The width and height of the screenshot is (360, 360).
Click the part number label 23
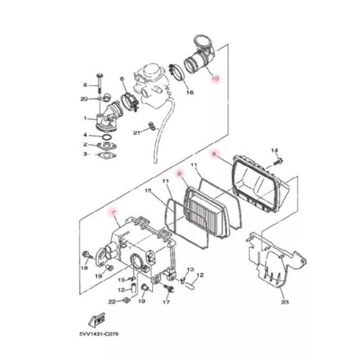pos(285,302)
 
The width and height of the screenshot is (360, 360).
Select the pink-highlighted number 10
pos(214,78)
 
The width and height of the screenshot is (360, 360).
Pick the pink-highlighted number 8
pos(214,154)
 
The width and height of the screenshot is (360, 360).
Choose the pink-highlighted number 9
pos(181,174)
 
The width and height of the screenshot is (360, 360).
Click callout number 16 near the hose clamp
pos(189,93)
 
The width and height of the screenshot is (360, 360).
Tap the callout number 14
pos(274,151)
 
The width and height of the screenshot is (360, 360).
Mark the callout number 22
pos(112,302)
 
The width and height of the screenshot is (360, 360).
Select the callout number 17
pos(166,302)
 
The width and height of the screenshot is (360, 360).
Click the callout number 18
pos(84,268)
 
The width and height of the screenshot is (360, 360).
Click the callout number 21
pos(137,133)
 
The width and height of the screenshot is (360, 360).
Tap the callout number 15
pos(148,191)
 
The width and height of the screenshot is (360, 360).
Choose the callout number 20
pos(84,99)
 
